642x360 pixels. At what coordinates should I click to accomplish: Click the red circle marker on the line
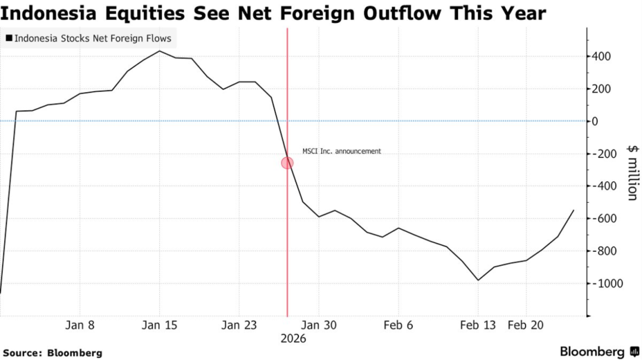(287, 162)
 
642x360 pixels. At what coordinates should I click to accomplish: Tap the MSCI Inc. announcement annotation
(342, 151)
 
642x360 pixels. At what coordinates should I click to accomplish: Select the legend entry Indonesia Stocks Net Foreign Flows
(89, 39)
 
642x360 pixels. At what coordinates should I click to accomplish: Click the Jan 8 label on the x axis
(80, 325)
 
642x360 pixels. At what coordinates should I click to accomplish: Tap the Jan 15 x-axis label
(160, 325)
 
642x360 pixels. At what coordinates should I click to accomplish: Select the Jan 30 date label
(319, 325)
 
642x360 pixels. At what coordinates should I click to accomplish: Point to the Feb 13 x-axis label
(478, 325)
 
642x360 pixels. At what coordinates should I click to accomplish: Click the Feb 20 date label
(525, 325)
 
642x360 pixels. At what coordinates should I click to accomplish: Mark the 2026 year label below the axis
(293, 339)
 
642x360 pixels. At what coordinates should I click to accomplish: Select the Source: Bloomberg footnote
(52, 353)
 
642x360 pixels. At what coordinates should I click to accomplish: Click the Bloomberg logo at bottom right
(599, 352)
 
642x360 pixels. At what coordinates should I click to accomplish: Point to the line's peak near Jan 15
(159, 51)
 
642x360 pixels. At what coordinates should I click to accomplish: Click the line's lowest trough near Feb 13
(478, 280)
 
